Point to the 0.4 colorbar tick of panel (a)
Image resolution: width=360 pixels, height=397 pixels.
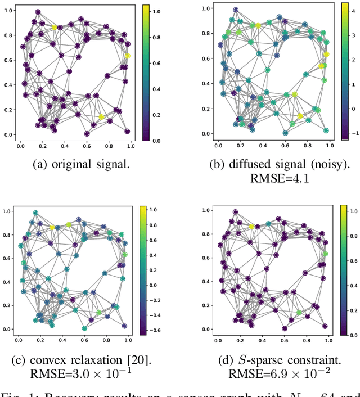point(152,89)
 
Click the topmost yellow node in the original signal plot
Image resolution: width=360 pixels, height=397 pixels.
point(54,27)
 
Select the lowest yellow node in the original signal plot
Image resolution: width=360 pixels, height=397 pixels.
point(101,117)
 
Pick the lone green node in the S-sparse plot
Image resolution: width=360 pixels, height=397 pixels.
point(299,312)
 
